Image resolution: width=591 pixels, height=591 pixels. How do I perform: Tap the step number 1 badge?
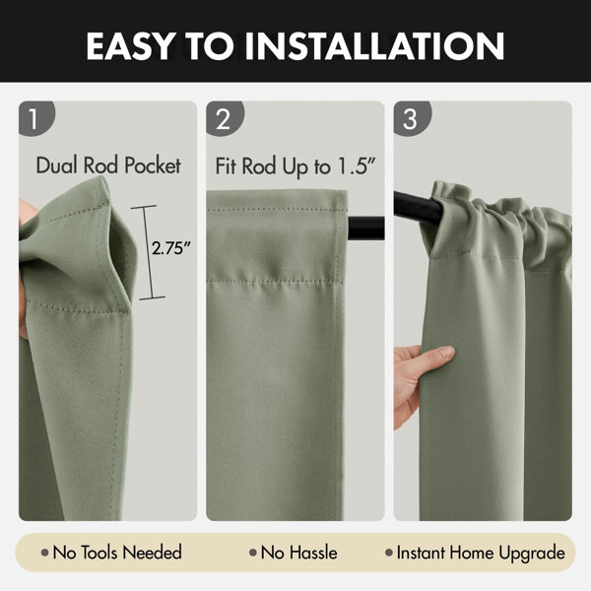[x=35, y=118]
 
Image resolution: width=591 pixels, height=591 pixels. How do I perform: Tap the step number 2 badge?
[x=225, y=118]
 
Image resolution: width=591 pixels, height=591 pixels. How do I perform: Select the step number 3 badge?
[x=412, y=118]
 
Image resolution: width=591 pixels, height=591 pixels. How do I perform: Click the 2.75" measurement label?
[x=171, y=248]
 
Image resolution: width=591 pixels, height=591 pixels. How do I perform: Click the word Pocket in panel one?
[x=153, y=165]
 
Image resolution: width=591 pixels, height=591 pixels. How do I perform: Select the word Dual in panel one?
[x=57, y=165]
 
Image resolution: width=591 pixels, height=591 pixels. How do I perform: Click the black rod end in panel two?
[x=365, y=229]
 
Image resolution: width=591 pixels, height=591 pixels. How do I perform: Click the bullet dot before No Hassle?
[x=252, y=553]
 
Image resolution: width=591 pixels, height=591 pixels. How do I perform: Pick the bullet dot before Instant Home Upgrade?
[x=389, y=553]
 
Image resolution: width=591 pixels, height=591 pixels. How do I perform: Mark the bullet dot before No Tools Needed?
[x=45, y=553]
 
